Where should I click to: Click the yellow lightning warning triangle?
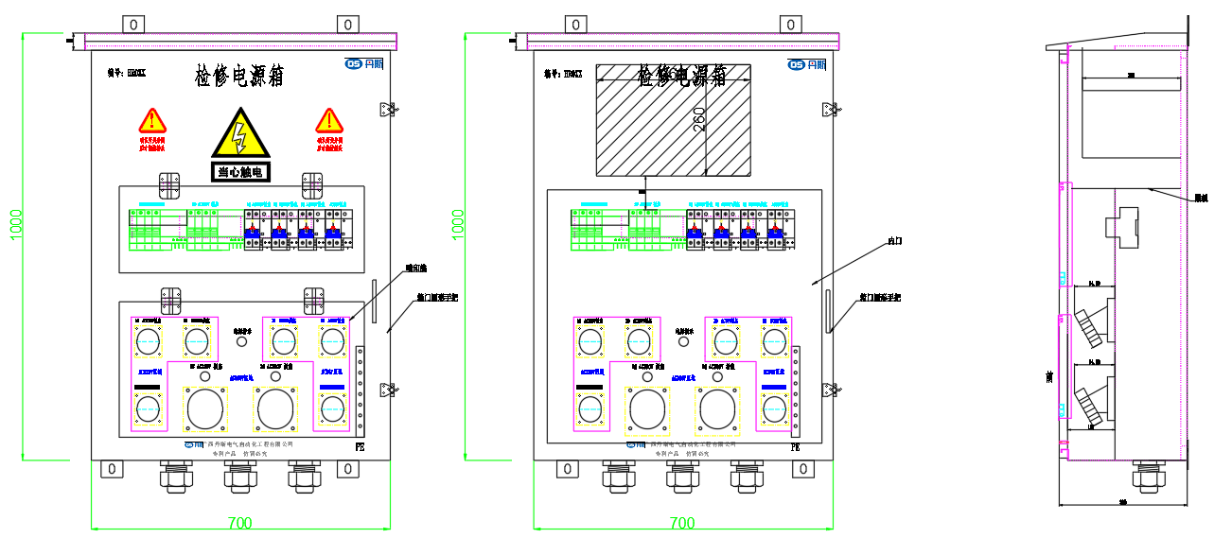240,134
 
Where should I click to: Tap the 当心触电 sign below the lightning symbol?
240,172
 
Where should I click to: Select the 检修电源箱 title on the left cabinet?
239,76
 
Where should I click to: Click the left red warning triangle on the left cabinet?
151,121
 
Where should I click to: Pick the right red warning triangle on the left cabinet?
329,121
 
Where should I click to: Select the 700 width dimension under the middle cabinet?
681,523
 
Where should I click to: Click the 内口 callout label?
894,241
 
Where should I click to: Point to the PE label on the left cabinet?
359,445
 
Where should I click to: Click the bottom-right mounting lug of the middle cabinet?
802,469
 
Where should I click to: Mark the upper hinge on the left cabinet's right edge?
386,111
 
